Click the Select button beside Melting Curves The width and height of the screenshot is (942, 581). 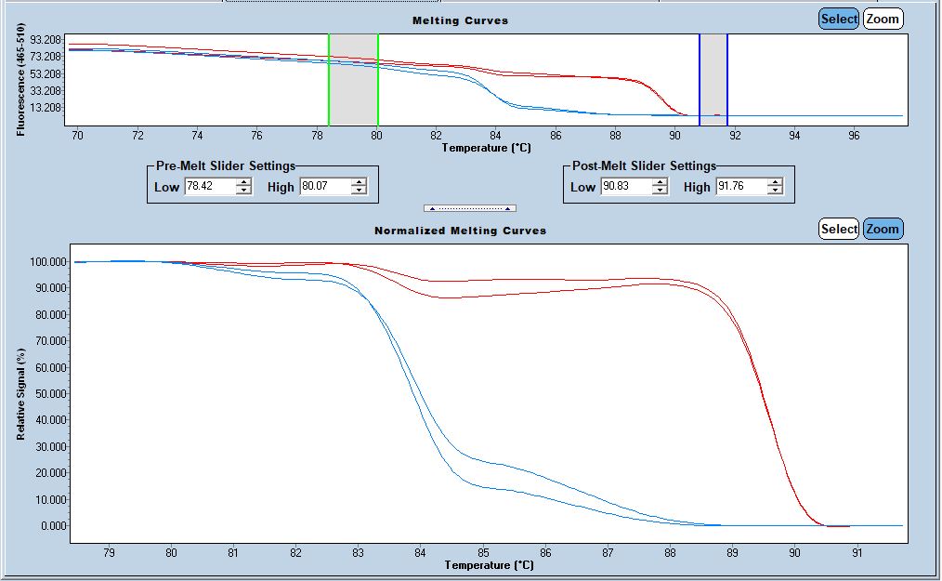[839, 19]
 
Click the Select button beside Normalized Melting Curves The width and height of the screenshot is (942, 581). [839, 229]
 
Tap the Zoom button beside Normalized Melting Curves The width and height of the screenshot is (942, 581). [883, 229]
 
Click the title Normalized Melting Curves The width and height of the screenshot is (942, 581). [460, 230]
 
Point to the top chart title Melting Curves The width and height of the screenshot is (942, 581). [460, 20]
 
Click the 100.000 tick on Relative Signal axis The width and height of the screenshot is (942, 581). [46, 262]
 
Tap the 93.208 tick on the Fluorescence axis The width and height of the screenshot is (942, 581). [45, 40]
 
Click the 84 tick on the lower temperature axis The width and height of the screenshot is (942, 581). [420, 553]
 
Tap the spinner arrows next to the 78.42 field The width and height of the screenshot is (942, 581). [243, 187]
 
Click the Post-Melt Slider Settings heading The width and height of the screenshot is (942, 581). [644, 165]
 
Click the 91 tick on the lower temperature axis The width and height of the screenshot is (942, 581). [857, 553]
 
